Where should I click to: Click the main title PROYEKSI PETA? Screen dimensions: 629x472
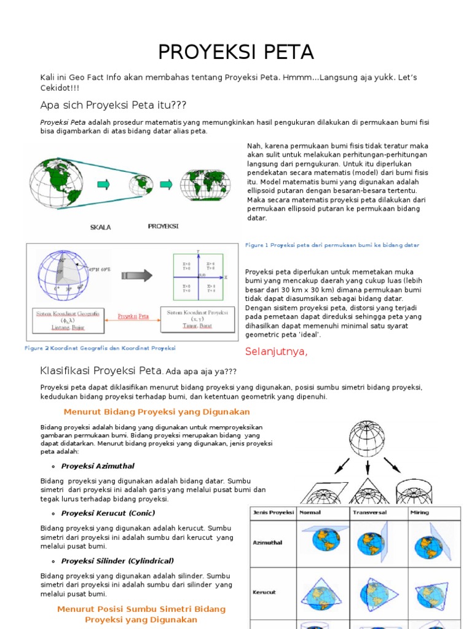(236, 52)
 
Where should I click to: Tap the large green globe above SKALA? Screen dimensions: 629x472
(57, 183)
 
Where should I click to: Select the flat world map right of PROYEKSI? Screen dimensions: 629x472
(205, 184)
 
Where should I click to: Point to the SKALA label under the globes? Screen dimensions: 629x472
(101, 227)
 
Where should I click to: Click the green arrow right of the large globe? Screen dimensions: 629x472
(103, 184)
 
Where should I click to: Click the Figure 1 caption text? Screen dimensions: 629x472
(332, 245)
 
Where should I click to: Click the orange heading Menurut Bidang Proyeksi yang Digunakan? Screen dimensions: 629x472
(157, 412)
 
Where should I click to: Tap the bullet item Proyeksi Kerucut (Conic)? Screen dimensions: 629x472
(108, 513)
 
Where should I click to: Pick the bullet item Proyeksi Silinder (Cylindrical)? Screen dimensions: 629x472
(117, 561)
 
